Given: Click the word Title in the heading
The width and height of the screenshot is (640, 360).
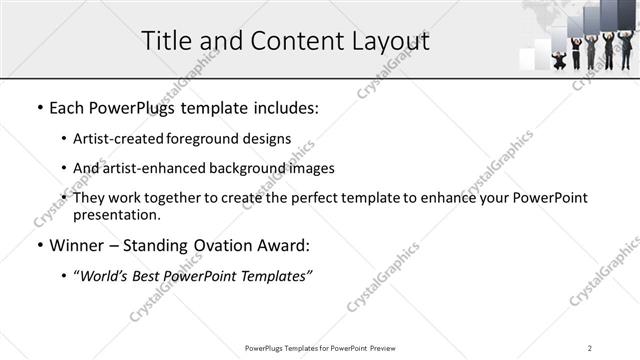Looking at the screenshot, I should [167, 41].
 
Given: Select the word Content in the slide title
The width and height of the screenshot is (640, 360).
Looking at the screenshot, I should [290, 41].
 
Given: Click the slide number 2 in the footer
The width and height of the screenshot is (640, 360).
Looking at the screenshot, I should [590, 347].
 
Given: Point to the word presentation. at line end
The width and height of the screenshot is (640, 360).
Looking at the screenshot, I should [117, 215].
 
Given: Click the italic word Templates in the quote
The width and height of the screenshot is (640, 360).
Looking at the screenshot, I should [277, 276].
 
